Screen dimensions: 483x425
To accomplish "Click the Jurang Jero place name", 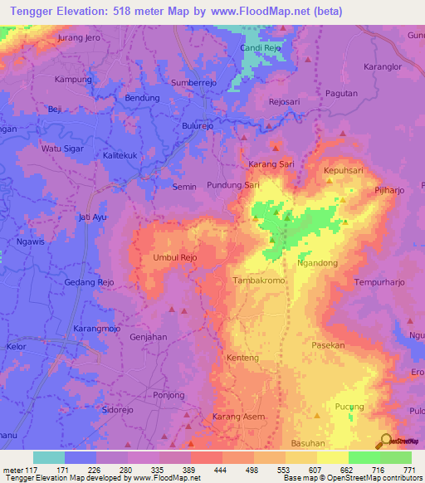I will point(79,38).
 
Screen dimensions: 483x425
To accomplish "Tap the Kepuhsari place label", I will point(343,169).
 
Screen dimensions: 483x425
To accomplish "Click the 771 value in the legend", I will point(409,470).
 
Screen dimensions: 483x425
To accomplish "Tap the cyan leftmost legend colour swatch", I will point(48,457).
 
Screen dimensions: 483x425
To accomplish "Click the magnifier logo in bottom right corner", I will point(385,442).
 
